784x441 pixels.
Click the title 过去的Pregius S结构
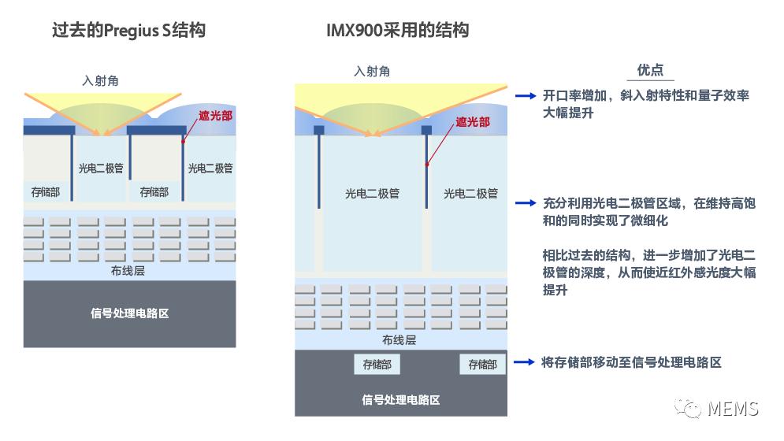pyautogui.click(x=129, y=30)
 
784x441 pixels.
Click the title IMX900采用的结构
pyautogui.click(x=397, y=30)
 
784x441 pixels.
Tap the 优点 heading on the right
pyautogui.click(x=650, y=70)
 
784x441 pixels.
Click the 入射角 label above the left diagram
pyautogui.click(x=100, y=80)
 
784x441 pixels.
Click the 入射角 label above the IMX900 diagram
pyautogui.click(x=372, y=72)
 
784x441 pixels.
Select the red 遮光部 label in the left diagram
pyautogui.click(x=215, y=116)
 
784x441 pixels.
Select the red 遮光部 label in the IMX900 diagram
pyautogui.click(x=473, y=122)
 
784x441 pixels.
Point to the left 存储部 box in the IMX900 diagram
pyautogui.click(x=377, y=365)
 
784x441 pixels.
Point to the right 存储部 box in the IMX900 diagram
pyautogui.click(x=482, y=365)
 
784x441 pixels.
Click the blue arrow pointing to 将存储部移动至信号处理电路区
pyautogui.click(x=525, y=362)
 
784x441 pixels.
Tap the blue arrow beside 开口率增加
pyautogui.click(x=526, y=95)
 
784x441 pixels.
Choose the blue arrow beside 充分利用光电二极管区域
pyautogui.click(x=526, y=203)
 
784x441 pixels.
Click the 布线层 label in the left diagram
pyautogui.click(x=128, y=271)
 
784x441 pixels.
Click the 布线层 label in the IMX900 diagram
pyautogui.click(x=399, y=340)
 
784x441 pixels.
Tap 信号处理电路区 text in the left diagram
pyautogui.click(x=129, y=313)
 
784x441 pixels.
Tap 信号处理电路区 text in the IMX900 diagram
pyautogui.click(x=401, y=400)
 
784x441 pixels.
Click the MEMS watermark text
pyautogui.click(x=733, y=409)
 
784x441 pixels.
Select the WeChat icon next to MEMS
pyautogui.click(x=689, y=408)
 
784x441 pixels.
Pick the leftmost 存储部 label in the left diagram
pyautogui.click(x=46, y=192)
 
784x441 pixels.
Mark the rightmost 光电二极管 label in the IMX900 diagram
pyautogui.click(x=471, y=194)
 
